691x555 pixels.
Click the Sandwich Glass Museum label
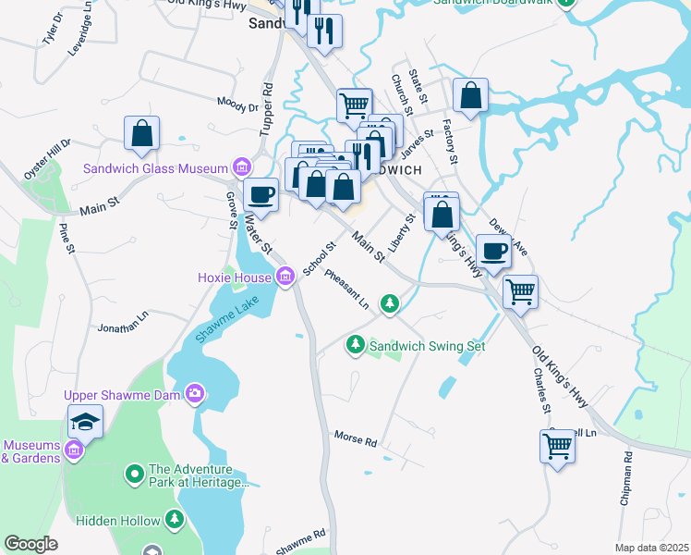(x=155, y=168)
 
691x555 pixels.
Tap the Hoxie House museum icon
(x=285, y=277)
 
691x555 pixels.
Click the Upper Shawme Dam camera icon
(x=195, y=394)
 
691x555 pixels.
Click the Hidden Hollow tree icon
(x=174, y=521)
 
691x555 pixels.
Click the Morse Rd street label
(x=356, y=438)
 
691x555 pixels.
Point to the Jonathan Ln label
(x=123, y=321)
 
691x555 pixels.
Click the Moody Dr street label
(x=238, y=105)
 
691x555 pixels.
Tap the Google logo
(x=30, y=544)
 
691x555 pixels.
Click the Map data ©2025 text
(x=651, y=548)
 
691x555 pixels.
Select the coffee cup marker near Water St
(x=261, y=194)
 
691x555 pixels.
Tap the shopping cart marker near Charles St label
(x=558, y=446)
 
